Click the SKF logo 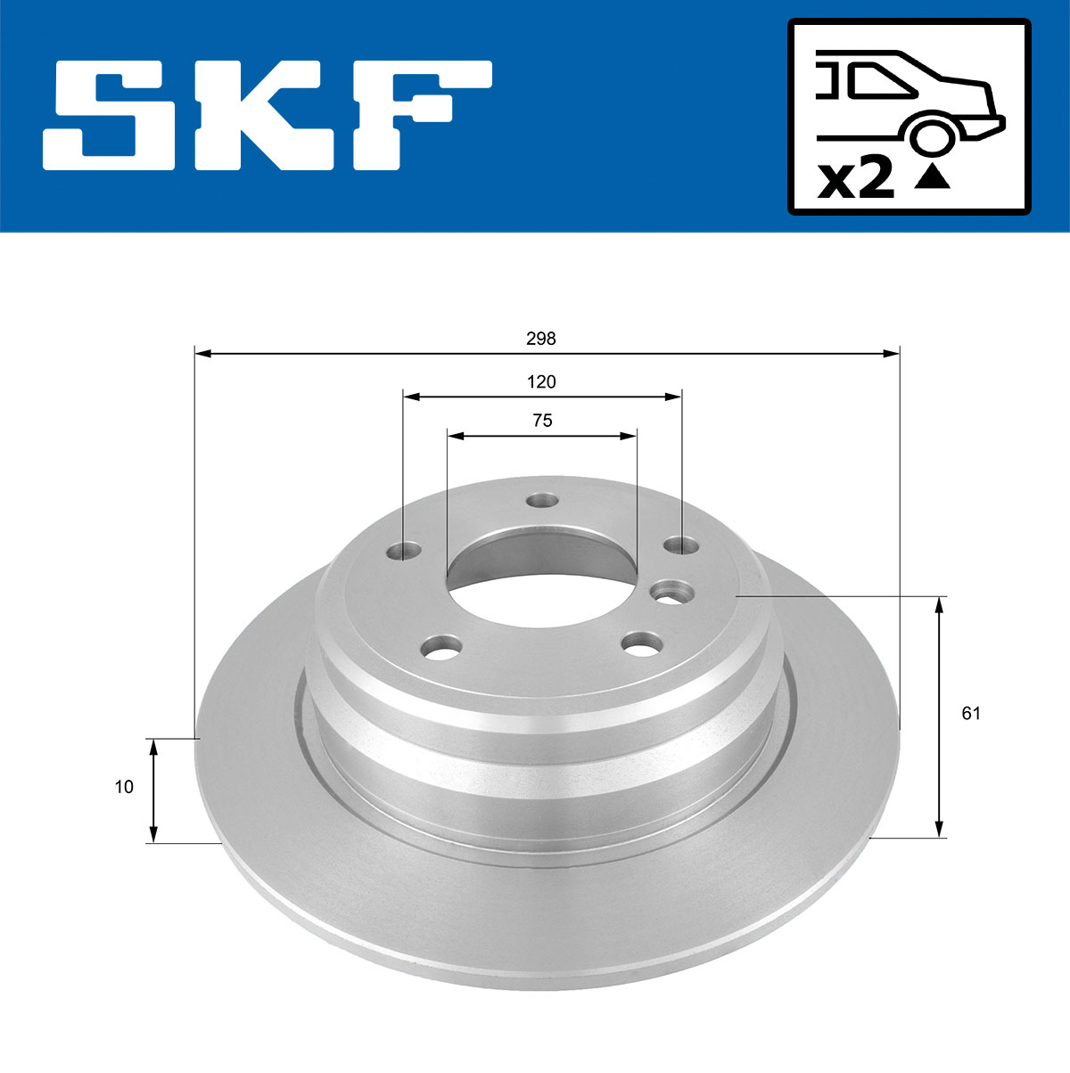pos(267,116)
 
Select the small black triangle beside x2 pos(933,177)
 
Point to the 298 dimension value pos(541,339)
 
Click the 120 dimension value pos(541,382)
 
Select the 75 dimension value pos(542,421)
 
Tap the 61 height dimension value pos(971,713)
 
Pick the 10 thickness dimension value pos(124,787)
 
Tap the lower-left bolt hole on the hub pos(441,647)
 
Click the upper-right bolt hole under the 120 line pos(682,545)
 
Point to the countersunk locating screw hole pos(671,592)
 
